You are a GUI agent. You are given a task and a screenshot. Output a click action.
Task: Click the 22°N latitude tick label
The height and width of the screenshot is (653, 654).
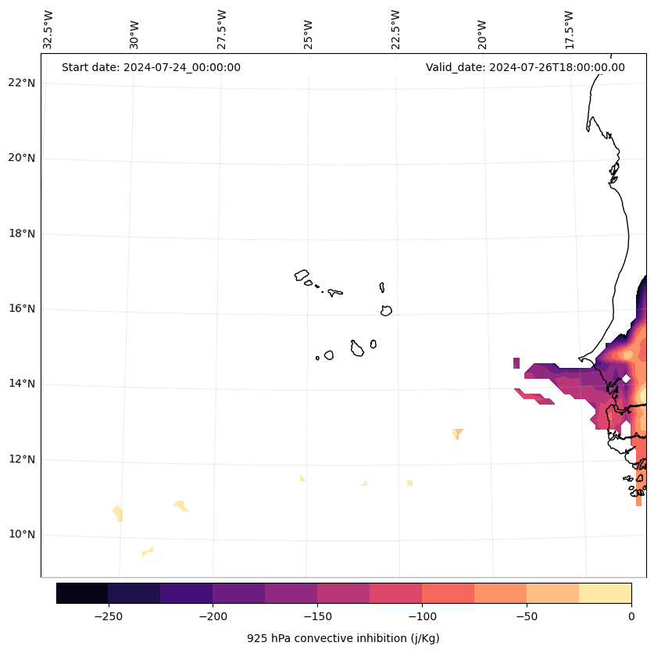click(22, 83)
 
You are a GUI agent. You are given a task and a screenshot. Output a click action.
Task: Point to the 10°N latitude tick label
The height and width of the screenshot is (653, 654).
click(22, 534)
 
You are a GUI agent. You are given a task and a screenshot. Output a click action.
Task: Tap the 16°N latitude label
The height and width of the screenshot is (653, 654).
click(22, 309)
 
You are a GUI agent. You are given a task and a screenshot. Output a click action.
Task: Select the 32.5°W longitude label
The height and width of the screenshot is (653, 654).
click(48, 30)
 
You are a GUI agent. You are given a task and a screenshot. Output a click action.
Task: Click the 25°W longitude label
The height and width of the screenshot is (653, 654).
click(308, 35)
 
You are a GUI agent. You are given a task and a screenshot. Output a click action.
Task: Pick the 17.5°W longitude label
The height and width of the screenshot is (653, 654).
click(569, 30)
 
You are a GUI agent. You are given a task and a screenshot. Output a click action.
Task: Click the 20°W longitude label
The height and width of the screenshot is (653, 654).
click(482, 35)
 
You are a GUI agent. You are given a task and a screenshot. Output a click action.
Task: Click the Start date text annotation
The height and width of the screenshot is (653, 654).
click(151, 67)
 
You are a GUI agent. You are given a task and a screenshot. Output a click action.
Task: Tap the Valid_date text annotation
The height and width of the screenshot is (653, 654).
click(525, 67)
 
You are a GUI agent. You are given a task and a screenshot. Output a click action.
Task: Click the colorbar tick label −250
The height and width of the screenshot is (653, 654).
click(109, 616)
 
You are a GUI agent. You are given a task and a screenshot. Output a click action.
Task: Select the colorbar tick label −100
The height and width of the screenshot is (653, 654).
click(422, 616)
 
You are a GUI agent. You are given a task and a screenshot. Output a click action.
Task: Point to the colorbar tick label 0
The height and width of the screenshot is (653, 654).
click(631, 616)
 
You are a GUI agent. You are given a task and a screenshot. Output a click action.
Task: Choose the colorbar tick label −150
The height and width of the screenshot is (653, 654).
click(317, 616)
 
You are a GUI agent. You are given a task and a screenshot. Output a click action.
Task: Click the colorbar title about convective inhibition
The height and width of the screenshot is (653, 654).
click(343, 638)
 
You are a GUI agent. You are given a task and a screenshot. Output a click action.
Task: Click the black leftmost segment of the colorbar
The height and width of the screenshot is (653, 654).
click(82, 594)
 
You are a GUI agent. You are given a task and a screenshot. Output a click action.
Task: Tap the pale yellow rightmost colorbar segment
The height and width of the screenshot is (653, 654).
click(606, 594)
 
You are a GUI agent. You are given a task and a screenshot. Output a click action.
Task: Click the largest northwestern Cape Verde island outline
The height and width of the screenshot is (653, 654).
click(301, 275)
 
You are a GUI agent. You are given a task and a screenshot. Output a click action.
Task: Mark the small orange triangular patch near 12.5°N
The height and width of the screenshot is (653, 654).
click(458, 434)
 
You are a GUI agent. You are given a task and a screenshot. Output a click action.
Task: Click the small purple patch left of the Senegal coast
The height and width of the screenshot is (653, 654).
click(516, 362)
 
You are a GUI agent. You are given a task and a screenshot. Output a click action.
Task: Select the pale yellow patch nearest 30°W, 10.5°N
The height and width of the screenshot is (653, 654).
click(118, 513)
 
